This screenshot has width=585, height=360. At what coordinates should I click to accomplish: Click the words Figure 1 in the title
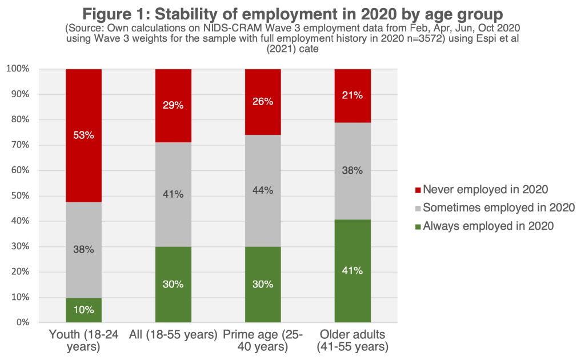[x=109, y=13]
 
